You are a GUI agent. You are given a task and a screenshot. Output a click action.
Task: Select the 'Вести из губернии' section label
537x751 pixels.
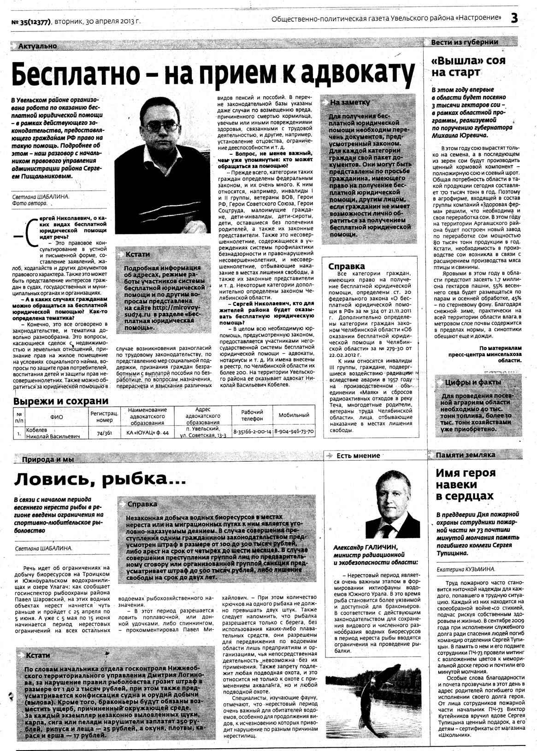tap(464, 42)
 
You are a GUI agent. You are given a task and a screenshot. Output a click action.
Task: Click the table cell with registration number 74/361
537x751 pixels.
tap(105, 433)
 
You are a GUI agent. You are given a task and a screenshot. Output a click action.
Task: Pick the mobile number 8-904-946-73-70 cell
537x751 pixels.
tap(294, 432)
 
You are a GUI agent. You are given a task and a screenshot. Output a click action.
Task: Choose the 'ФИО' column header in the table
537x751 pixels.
tap(57, 417)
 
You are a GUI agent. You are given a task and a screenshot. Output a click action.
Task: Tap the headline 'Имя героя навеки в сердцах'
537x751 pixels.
tap(466, 484)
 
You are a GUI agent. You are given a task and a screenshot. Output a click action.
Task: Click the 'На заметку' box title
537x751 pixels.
tap(350, 102)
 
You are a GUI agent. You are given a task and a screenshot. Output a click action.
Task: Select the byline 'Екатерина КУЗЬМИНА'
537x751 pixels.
tap(466, 569)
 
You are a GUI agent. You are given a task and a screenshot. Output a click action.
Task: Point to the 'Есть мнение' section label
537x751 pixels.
tap(358, 456)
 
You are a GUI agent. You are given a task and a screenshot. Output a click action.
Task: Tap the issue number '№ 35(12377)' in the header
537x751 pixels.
tap(30, 21)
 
